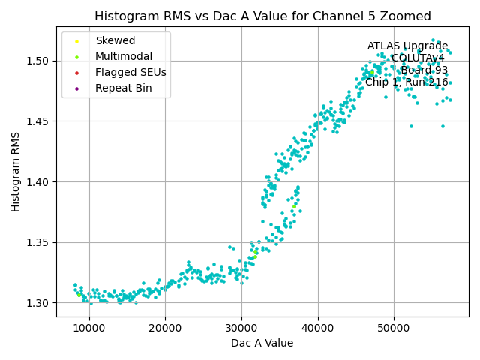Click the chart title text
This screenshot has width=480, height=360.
262,16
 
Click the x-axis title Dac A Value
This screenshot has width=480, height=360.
262,343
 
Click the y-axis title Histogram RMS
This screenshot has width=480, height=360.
16,171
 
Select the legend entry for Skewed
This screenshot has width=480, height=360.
115,40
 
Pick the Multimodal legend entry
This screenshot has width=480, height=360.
123,56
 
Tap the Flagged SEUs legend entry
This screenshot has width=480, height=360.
130,73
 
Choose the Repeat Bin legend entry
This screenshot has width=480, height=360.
123,88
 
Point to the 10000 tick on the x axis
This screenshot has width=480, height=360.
89,328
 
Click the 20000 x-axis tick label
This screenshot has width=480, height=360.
166,328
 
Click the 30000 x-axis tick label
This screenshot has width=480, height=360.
241,328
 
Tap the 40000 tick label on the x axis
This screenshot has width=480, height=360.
318,328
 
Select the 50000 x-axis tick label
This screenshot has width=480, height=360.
394,328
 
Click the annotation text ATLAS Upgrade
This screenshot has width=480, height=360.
407,46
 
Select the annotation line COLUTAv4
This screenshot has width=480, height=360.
418,58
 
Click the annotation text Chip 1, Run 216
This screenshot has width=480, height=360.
406,82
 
